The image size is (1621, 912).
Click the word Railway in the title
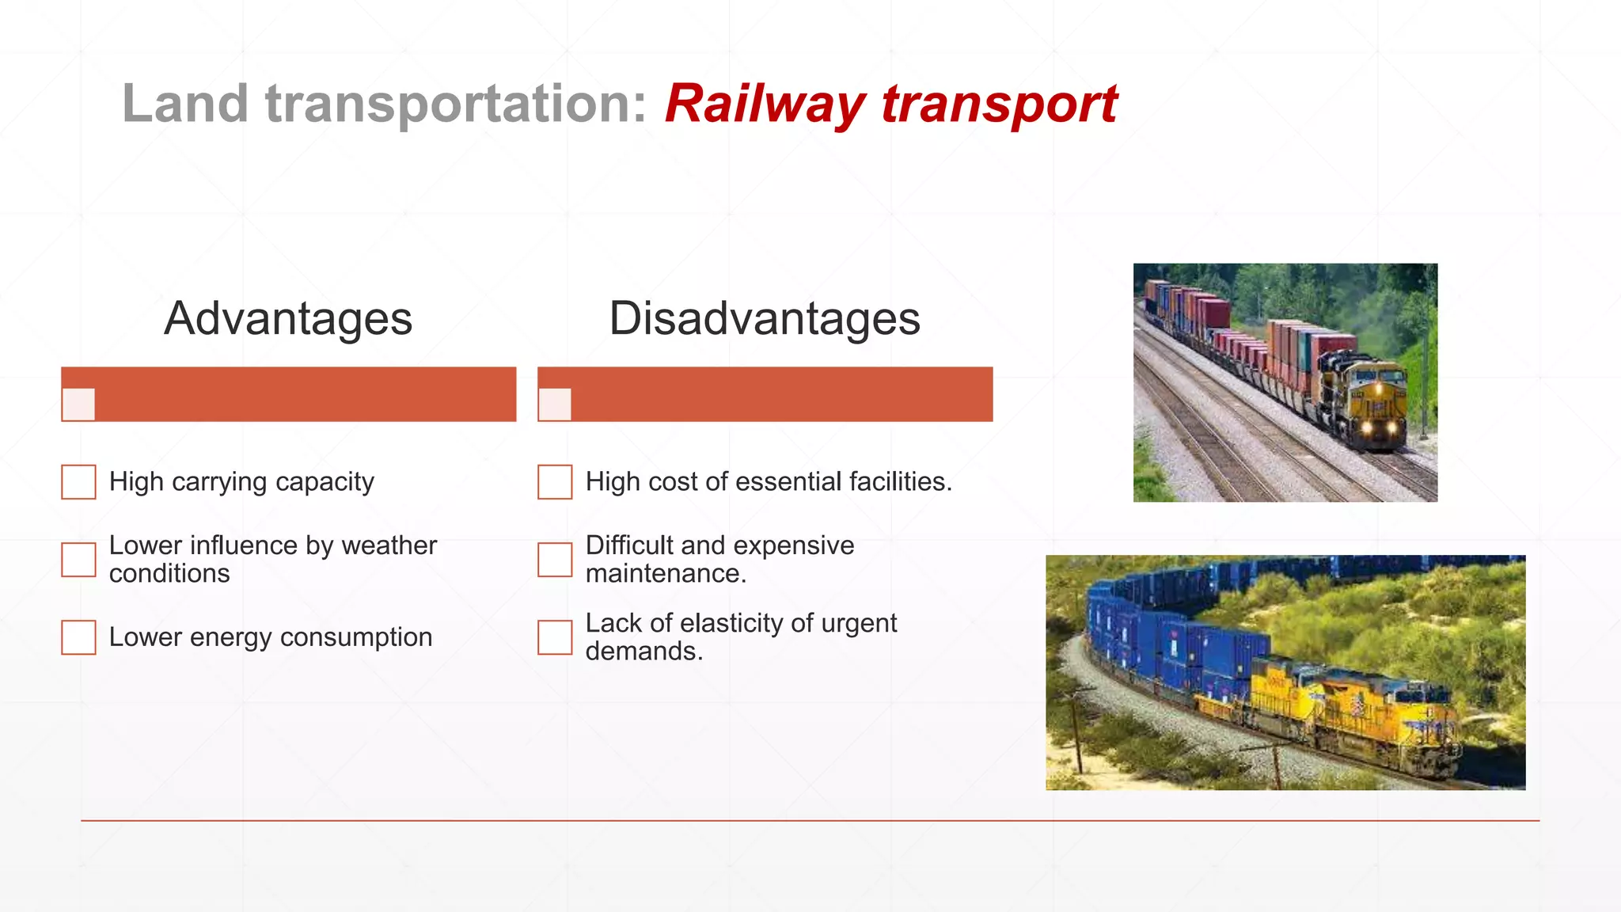[765, 105]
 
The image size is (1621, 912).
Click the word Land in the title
[185, 104]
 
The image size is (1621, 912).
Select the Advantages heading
[288, 318]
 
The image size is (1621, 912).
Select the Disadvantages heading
[765, 318]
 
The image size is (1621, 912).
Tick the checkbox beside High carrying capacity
[78, 482]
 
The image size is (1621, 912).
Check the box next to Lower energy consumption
[78, 637]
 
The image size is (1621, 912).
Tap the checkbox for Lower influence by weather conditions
[78, 560]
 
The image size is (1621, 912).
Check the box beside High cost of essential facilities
[555, 482]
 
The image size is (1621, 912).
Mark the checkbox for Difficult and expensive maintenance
[555, 560]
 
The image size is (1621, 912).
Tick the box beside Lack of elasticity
[555, 637]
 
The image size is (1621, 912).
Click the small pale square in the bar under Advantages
[78, 405]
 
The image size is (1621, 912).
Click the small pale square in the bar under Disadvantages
[555, 405]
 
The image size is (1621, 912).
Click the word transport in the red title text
[999, 105]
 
